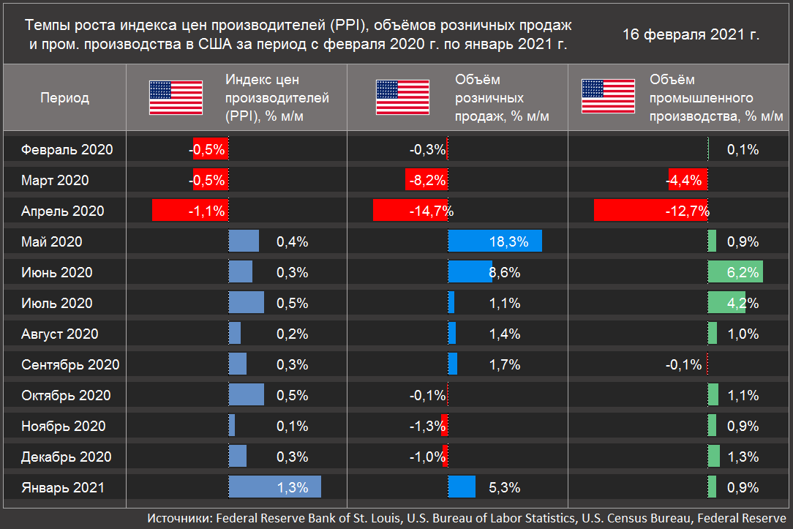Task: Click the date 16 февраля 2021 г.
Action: [691, 34]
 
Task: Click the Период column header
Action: [64, 98]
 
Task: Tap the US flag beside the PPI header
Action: [176, 98]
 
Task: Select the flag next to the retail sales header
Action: [402, 98]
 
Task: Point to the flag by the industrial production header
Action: [608, 98]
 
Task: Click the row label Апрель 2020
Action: [63, 211]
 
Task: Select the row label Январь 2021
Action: [63, 487]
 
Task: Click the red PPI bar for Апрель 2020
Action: [189, 211]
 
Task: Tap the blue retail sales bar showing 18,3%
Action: [495, 241]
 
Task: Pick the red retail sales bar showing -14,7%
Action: [410, 211]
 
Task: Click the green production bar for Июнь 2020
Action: [735, 272]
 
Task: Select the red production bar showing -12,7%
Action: [650, 211]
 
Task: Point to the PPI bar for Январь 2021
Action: [274, 487]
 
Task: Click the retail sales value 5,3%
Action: [506, 487]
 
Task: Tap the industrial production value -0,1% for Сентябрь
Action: [683, 364]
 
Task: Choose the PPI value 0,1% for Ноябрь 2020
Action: [293, 426]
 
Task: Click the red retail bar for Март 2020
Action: [426, 180]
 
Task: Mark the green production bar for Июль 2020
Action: [726, 303]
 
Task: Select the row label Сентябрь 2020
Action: [71, 364]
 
